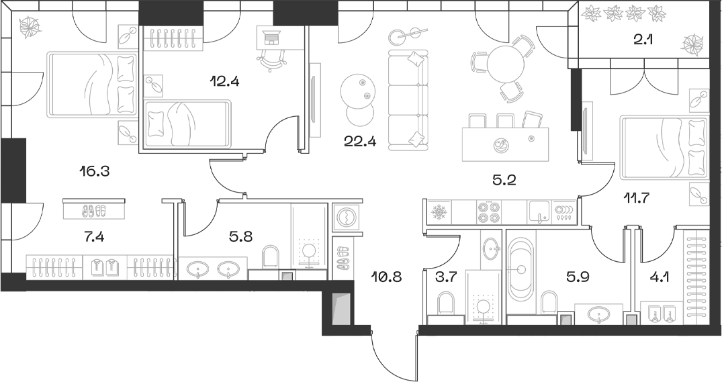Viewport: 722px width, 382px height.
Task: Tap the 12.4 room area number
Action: [x=224, y=83]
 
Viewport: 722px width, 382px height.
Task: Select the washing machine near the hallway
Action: [x=347, y=218]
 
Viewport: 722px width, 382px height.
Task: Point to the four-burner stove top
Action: [x=488, y=212]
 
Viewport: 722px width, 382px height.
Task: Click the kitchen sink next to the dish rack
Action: [x=539, y=212]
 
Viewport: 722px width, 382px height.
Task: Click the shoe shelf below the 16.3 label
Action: [x=94, y=209]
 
